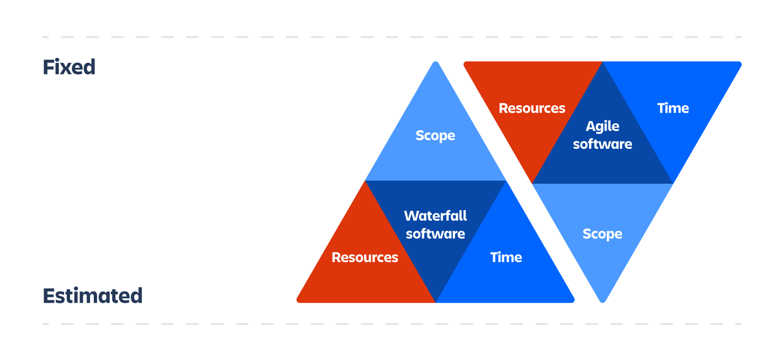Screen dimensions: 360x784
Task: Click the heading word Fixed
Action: click(x=69, y=67)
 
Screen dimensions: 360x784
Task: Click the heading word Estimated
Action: click(x=92, y=295)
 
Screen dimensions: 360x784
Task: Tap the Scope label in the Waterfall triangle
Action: click(x=435, y=136)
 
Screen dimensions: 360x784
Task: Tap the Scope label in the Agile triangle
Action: click(x=602, y=234)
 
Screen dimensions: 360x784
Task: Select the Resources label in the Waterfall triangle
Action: click(x=364, y=257)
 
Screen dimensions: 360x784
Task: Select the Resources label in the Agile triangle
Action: click(x=532, y=108)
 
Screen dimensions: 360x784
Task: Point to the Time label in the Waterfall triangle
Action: click(x=506, y=257)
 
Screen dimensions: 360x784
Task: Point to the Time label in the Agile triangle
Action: click(x=673, y=108)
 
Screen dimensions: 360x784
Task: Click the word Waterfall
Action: click(x=435, y=216)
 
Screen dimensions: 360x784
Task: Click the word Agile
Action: click(x=602, y=127)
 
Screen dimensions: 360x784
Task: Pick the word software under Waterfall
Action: click(x=435, y=233)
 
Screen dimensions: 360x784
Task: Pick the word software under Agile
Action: click(x=602, y=144)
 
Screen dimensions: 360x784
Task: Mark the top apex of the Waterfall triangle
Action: click(x=435, y=63)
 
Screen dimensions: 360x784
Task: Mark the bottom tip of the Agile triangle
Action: click(x=602, y=301)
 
